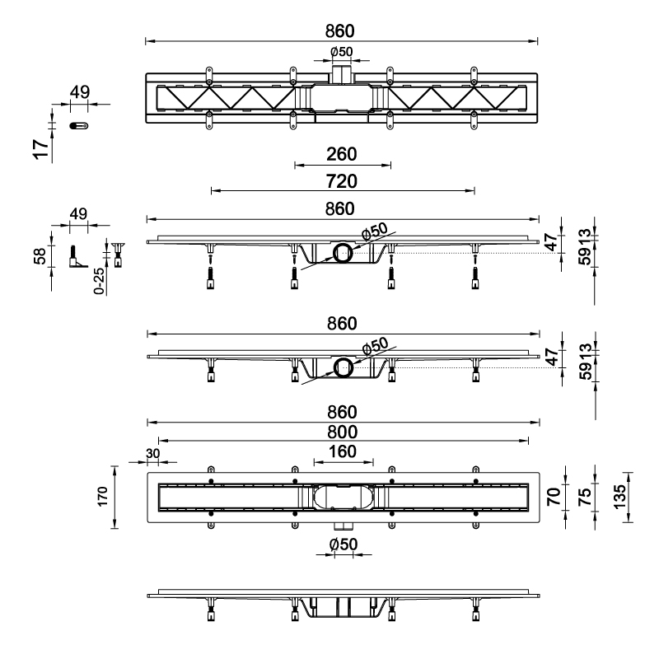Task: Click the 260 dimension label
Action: point(341,153)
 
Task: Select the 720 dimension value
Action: point(341,180)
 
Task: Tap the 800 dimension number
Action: point(341,432)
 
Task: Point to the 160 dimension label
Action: point(341,451)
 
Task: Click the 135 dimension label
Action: point(619,497)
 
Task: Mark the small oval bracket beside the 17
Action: point(79,125)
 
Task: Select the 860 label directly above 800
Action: point(341,412)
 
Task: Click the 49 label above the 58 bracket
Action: point(78,214)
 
